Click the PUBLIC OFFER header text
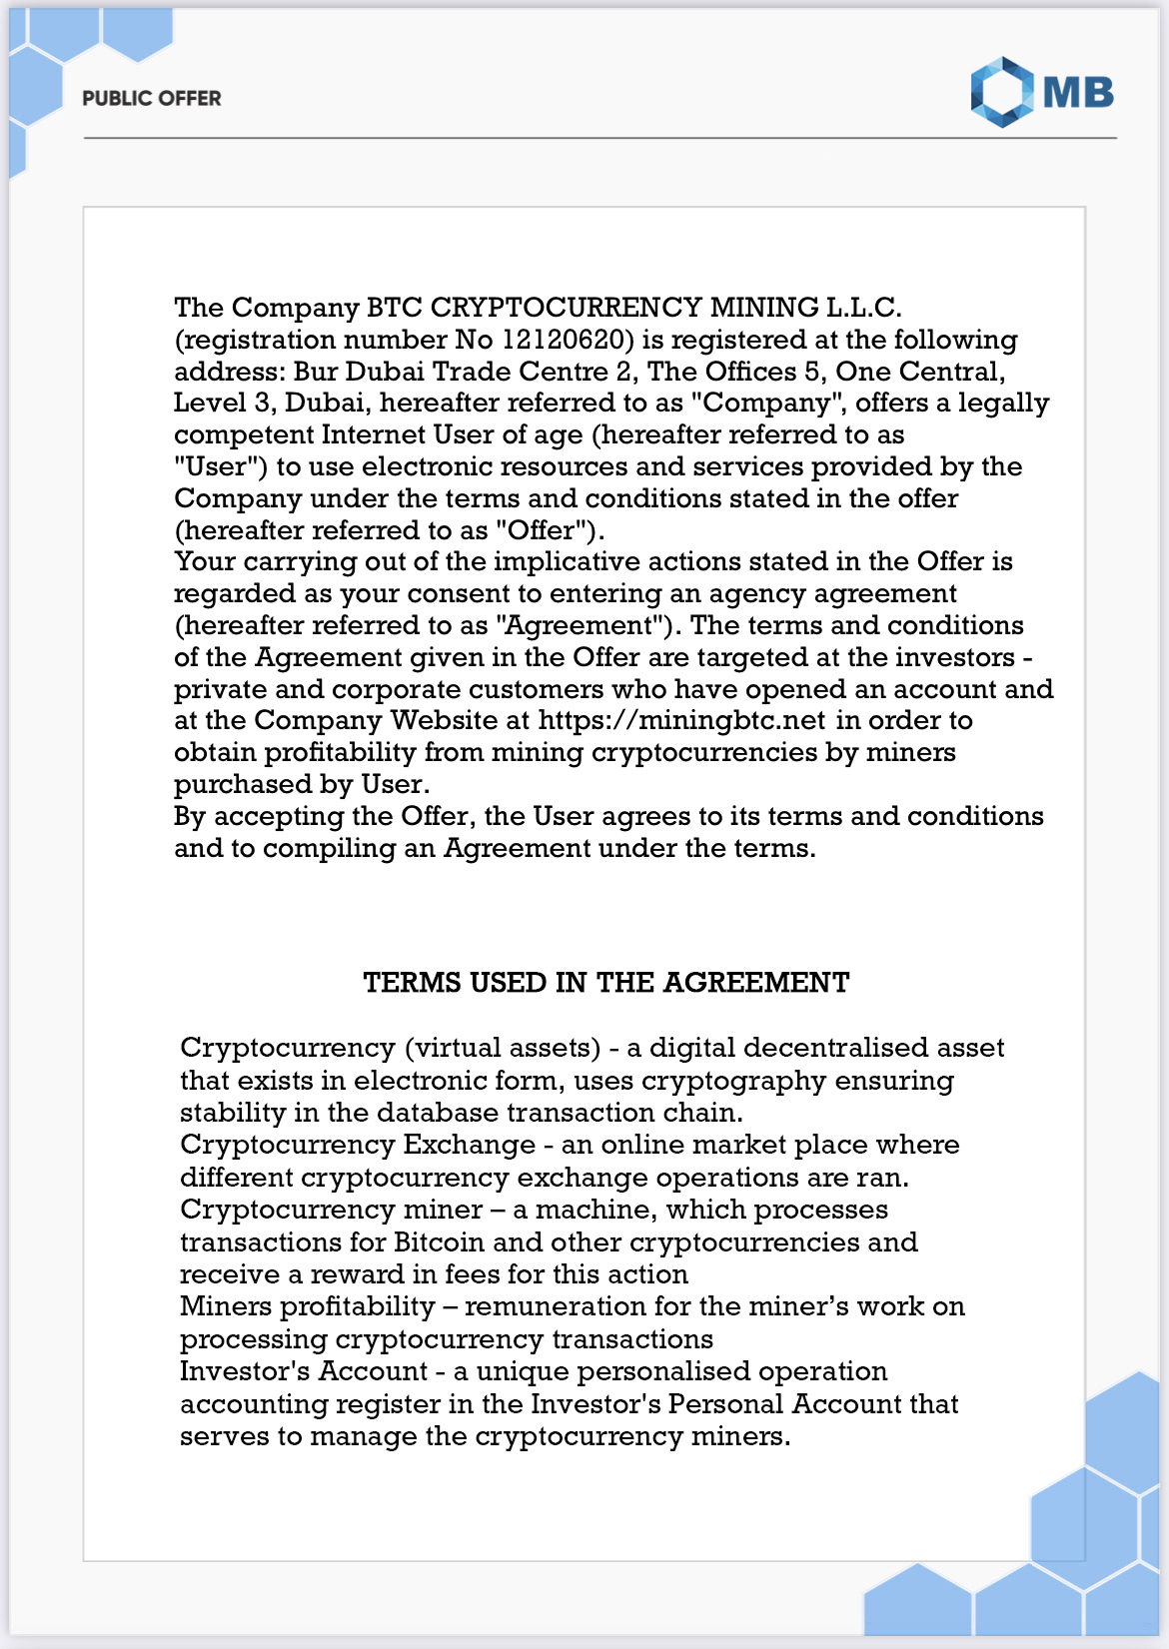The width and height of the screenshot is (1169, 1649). [x=152, y=98]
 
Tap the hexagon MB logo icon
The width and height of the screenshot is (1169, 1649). [x=1002, y=92]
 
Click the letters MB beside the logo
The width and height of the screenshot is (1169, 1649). [x=1078, y=93]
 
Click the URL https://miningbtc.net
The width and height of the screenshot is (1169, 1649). [x=681, y=720]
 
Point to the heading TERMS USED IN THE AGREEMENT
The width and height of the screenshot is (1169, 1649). [x=606, y=983]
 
